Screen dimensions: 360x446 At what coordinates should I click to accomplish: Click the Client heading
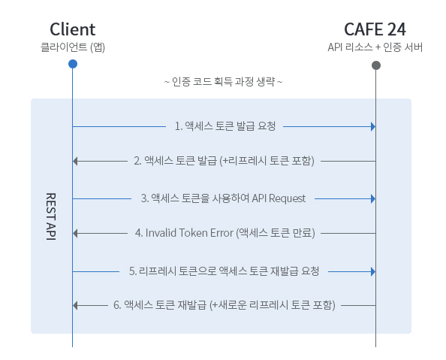click(72, 29)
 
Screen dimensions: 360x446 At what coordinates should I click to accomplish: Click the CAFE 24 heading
click(375, 29)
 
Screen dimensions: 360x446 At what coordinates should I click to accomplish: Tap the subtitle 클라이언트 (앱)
click(72, 47)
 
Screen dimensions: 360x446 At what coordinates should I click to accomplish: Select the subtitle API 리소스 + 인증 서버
click(375, 47)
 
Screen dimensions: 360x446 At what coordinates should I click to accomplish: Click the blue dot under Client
click(72, 64)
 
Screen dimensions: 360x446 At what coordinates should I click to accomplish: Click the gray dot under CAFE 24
click(375, 65)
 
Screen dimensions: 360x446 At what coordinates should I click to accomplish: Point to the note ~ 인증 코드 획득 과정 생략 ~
click(223, 81)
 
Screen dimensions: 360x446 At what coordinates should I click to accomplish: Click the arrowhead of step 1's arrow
click(372, 126)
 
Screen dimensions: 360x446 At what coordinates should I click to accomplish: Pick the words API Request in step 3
click(279, 198)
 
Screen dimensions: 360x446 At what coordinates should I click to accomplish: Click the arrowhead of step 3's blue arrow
click(372, 198)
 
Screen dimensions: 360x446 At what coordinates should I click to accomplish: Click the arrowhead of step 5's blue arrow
click(372, 269)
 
